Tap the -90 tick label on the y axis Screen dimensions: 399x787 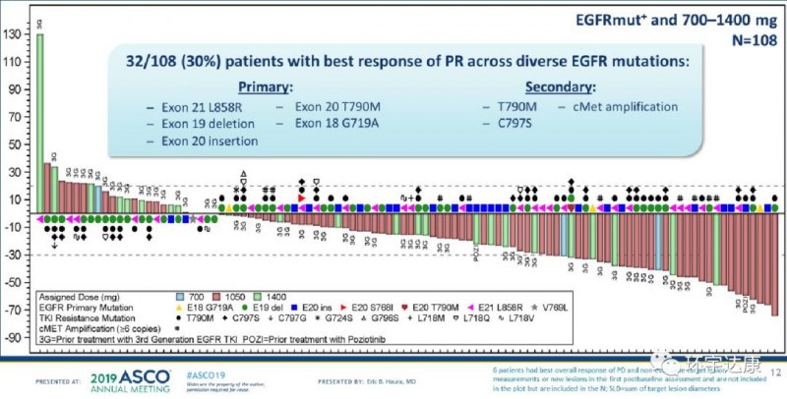pyautogui.click(x=16, y=336)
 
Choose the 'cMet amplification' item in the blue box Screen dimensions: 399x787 pyautogui.click(x=619, y=106)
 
